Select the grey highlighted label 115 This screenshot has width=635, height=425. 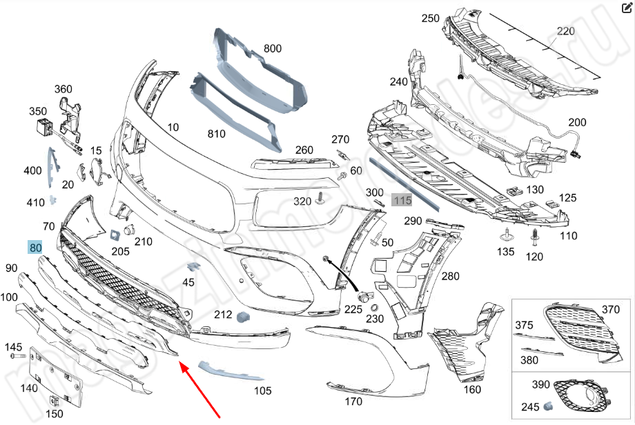point(402,200)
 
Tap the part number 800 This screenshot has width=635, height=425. point(273,49)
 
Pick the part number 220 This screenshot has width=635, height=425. point(566,31)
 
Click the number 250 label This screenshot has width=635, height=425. point(431,18)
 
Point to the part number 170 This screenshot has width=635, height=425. point(353,401)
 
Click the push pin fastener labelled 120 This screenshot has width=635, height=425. point(535,238)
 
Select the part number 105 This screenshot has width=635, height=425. point(262,391)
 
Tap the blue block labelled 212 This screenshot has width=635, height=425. point(243,317)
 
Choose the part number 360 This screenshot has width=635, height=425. point(63,89)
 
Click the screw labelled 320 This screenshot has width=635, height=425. point(320,201)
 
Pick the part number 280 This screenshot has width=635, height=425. point(450,277)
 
